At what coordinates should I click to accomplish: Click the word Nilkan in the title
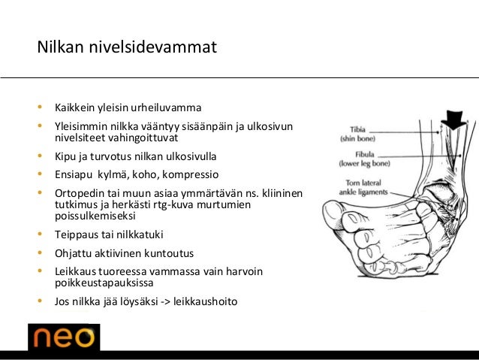click(60, 48)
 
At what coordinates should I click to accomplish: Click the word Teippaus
click(77, 233)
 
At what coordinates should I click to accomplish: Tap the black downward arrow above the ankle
click(453, 118)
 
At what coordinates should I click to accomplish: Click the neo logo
click(63, 337)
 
